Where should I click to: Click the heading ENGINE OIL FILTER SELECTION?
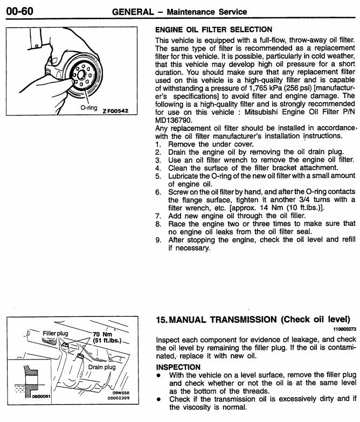pos(213,29)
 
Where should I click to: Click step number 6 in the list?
pos(158,192)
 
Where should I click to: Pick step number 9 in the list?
pos(158,240)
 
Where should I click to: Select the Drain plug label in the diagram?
pos(102,367)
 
